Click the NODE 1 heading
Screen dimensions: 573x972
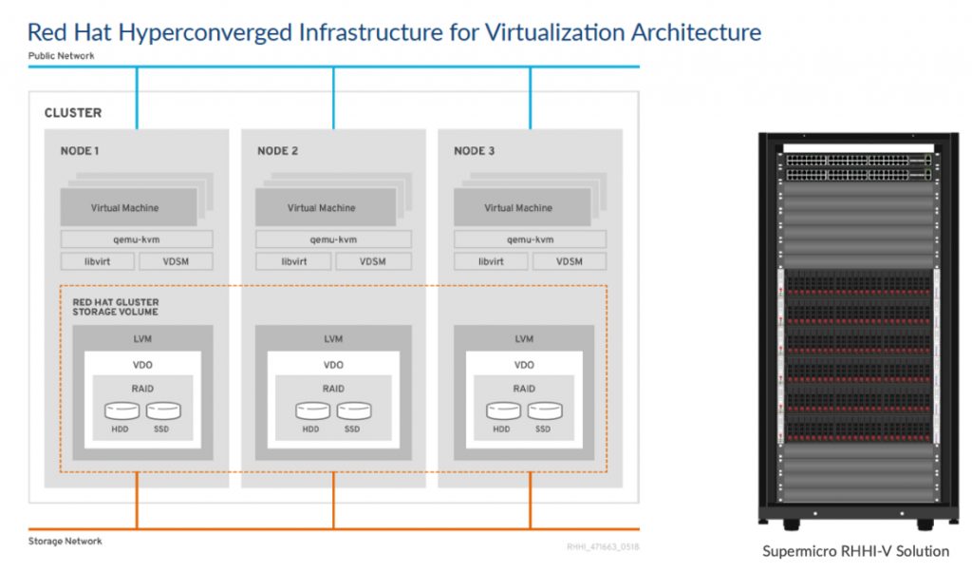coord(80,151)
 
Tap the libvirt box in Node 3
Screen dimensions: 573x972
coord(491,261)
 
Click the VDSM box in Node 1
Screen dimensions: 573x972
coord(176,261)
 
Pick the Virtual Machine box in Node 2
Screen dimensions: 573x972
coord(322,207)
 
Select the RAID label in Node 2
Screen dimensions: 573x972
coord(333,389)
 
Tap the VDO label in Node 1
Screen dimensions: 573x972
coord(142,364)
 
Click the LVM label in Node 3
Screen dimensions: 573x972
coord(524,339)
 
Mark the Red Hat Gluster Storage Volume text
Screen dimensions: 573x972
coord(116,307)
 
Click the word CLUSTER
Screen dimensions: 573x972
coord(73,113)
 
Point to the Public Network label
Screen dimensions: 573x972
coord(61,56)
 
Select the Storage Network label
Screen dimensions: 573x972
coord(65,542)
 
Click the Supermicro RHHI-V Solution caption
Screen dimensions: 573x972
coord(855,551)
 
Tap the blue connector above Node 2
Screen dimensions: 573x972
coord(333,98)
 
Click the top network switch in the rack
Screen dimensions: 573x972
coord(855,162)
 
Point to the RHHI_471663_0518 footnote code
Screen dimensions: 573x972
coord(601,546)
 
